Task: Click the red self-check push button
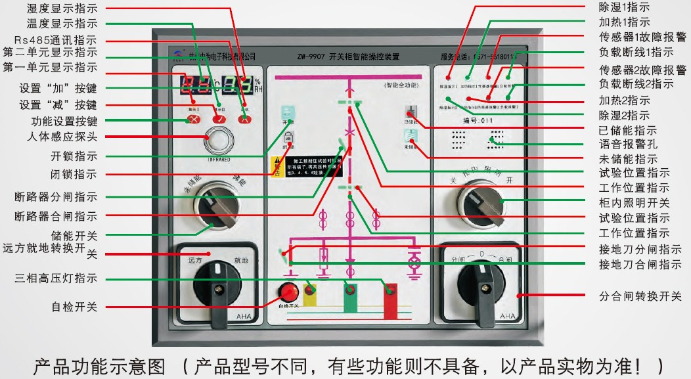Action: point(288,290)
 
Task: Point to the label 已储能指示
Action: point(627,130)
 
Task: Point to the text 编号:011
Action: point(478,120)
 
